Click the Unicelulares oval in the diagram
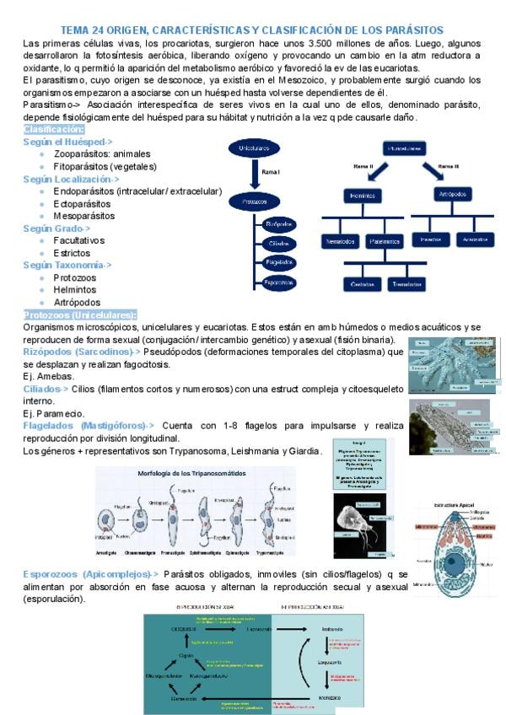click(260, 149)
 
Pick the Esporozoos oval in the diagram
click(278, 283)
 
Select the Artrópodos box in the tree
click(455, 195)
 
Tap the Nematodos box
click(340, 242)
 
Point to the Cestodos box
click(363, 284)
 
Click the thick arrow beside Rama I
click(254, 175)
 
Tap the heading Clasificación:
click(55, 130)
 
